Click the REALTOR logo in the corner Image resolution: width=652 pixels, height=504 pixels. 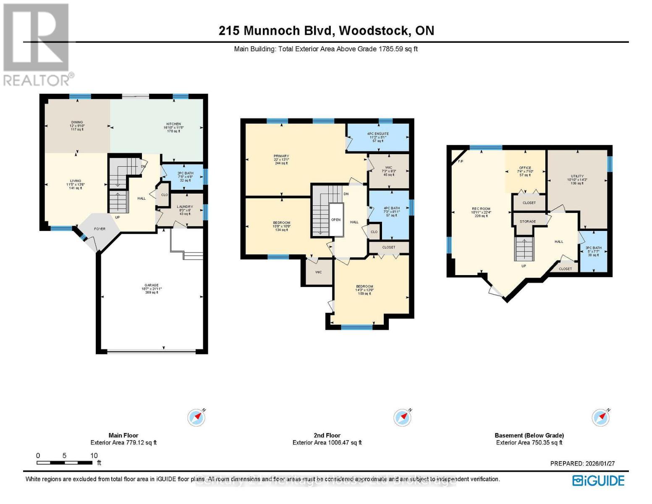click(37, 44)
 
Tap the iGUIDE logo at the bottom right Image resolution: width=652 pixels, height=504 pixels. click(598, 480)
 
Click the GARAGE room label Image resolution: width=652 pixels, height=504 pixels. click(152, 285)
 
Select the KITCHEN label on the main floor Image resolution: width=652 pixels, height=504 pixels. click(173, 124)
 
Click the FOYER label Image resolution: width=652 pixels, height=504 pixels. click(100, 229)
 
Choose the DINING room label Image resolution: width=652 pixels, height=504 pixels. click(77, 122)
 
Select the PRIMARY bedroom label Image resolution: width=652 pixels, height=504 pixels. click(281, 156)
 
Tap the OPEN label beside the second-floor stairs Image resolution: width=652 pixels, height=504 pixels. click(336, 220)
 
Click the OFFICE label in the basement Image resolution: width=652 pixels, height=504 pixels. click(525, 168)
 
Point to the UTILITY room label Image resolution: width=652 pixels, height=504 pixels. click(577, 176)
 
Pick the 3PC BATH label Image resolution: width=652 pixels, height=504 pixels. click(594, 248)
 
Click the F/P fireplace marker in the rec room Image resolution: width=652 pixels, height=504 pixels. click(460, 161)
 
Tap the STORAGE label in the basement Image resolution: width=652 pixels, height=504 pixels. click(528, 221)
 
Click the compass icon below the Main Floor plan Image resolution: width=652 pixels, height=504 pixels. click(196, 417)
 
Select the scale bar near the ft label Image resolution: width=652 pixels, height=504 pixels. click(64, 463)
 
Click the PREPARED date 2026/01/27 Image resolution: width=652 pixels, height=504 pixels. click(582, 464)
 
